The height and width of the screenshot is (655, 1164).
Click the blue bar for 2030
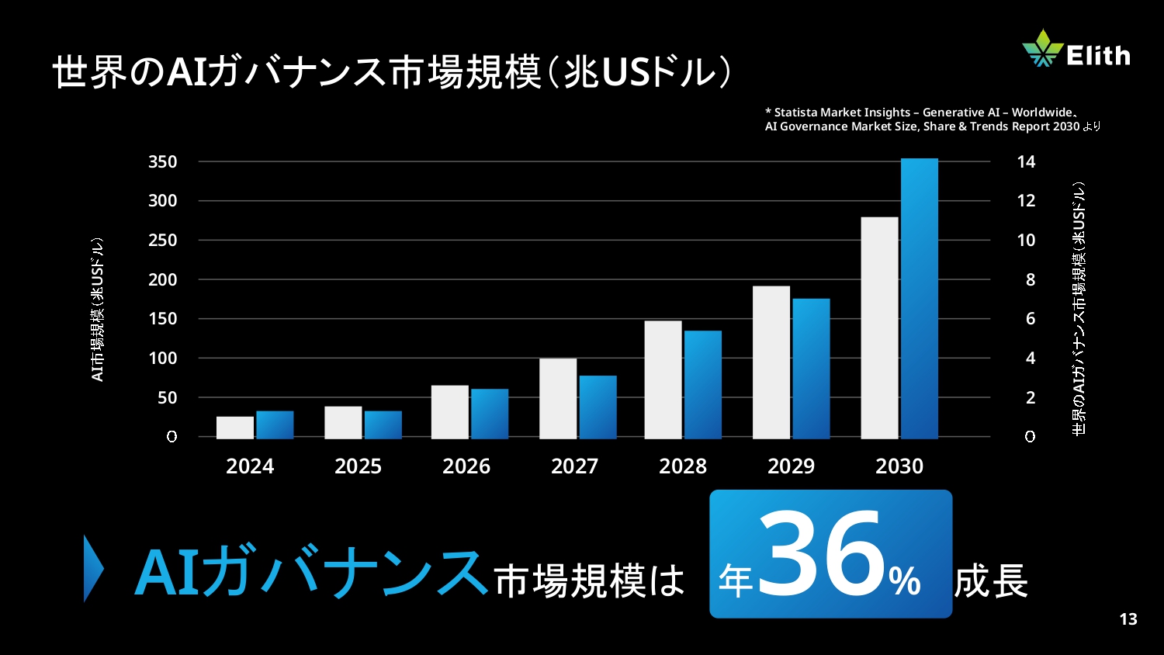(x=920, y=299)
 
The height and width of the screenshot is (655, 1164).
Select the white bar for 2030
(x=879, y=327)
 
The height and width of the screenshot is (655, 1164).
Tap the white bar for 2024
(x=235, y=428)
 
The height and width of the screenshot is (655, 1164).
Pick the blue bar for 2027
(x=598, y=407)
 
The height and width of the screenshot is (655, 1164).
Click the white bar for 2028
(x=663, y=379)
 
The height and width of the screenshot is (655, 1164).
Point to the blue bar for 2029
(x=811, y=369)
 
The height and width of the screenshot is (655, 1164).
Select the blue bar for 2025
(x=383, y=425)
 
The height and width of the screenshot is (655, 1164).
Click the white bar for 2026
(x=450, y=411)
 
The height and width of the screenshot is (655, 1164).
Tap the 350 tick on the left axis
(x=163, y=162)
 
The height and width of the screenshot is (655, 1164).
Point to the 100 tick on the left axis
(x=163, y=359)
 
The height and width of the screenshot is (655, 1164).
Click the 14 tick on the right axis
(x=1026, y=162)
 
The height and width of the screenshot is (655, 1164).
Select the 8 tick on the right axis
(x=1031, y=280)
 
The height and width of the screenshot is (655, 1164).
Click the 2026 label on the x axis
(x=466, y=466)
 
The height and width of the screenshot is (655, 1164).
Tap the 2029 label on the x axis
(x=791, y=466)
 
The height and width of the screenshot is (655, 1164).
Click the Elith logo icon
(x=1042, y=48)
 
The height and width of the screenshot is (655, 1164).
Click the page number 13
(x=1128, y=619)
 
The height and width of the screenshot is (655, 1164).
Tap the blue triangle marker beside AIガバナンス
(x=93, y=568)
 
